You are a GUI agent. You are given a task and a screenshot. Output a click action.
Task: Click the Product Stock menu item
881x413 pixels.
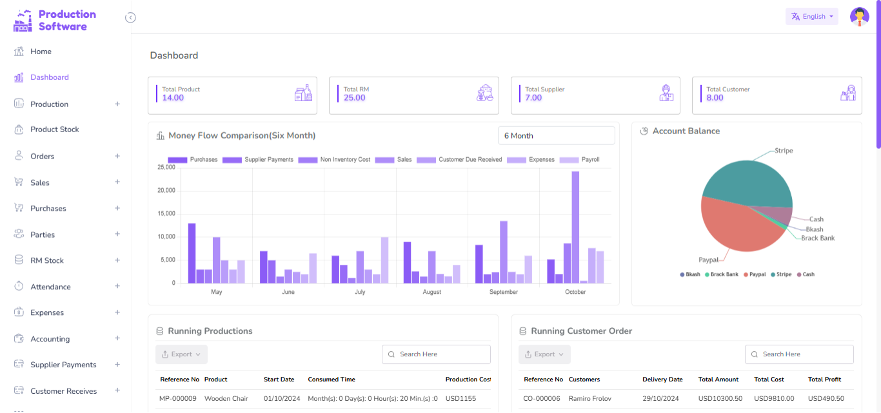point(54,130)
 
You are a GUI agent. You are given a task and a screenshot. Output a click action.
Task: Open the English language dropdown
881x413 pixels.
point(811,17)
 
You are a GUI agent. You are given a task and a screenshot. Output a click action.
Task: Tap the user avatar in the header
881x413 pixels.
point(859,17)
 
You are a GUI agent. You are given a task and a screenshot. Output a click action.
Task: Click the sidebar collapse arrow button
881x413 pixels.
point(130,17)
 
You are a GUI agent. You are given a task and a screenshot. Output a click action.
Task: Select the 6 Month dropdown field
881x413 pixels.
point(556,136)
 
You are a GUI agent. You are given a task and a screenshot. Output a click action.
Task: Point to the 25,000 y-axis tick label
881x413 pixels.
point(166,168)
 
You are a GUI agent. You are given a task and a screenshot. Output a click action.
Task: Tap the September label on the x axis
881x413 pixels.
point(503,292)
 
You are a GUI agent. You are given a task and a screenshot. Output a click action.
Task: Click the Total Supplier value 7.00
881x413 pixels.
point(533,98)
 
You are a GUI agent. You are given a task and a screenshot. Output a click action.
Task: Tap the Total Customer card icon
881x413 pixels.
point(847,93)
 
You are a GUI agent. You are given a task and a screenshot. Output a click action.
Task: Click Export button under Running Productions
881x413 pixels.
point(181,354)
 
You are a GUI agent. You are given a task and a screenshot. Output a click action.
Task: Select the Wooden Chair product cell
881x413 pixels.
point(226,399)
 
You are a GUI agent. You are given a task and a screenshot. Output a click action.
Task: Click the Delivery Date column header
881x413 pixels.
point(662,379)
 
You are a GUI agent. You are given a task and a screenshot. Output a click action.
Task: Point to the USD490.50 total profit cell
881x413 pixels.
point(826,399)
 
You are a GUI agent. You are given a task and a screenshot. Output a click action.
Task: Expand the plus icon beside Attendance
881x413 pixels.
point(117,286)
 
